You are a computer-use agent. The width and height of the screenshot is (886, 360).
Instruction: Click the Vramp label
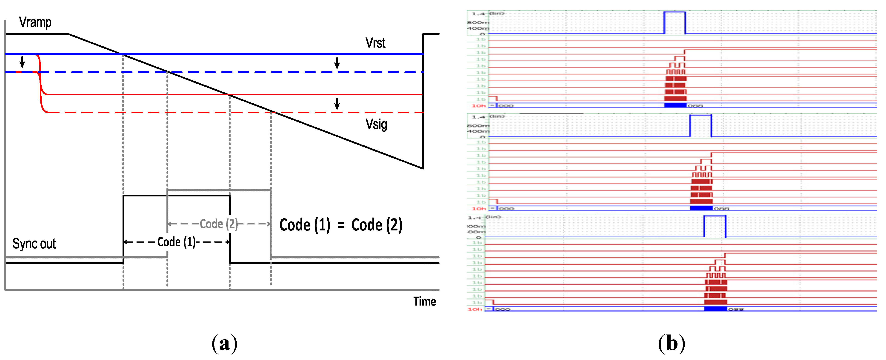(x=35, y=22)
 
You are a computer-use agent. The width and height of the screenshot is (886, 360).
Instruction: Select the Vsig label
(x=376, y=124)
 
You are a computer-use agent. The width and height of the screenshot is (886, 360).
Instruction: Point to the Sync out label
(x=34, y=244)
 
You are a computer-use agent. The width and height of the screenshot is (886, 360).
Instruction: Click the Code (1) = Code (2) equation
(x=340, y=225)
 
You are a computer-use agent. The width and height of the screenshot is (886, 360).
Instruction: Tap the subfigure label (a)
(x=224, y=343)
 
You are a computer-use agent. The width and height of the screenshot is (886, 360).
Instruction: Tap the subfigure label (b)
(x=671, y=343)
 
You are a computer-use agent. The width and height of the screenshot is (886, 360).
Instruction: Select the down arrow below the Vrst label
(x=337, y=63)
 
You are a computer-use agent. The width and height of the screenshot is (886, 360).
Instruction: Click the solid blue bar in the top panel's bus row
(x=675, y=105)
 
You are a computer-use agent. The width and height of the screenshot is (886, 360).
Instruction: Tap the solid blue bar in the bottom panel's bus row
(x=715, y=309)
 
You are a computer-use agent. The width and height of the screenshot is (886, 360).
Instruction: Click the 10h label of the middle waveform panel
(x=478, y=209)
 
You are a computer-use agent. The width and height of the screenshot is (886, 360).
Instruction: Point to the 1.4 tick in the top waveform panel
(x=477, y=14)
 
